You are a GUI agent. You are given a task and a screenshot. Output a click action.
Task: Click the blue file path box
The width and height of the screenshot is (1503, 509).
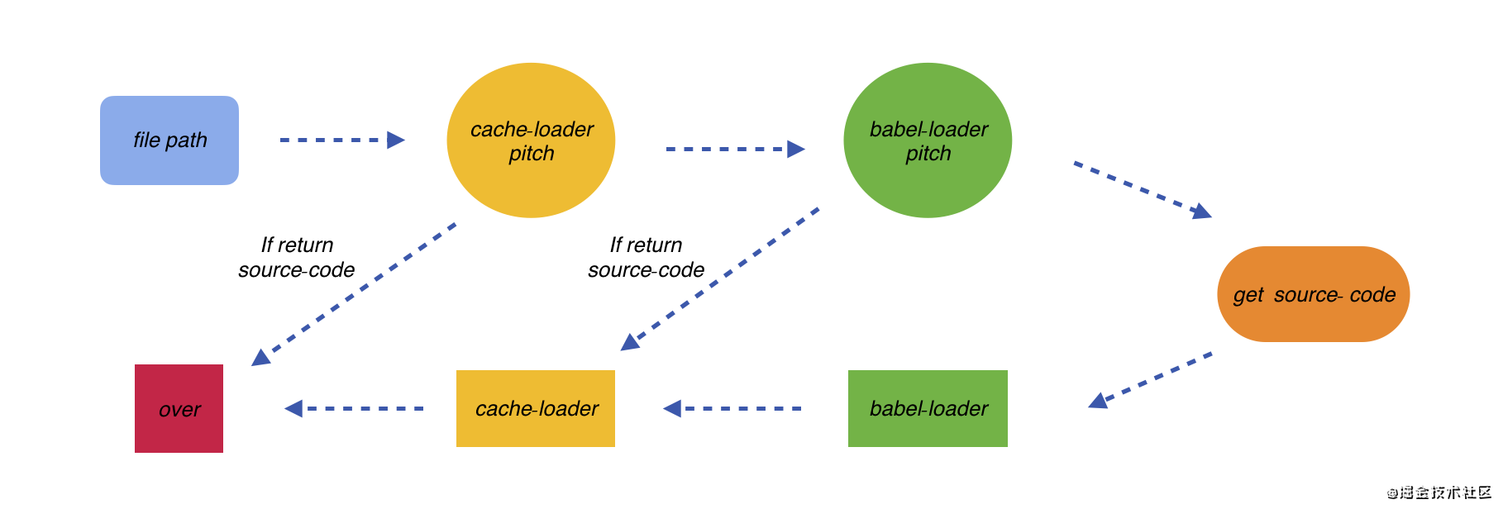tap(169, 140)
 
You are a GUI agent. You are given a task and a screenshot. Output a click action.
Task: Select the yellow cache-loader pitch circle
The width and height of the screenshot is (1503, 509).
tap(531, 140)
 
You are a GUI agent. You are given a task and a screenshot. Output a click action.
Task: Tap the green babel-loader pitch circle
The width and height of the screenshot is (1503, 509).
tap(928, 140)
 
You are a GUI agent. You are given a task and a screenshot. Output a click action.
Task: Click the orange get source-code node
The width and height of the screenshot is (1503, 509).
tap(1314, 294)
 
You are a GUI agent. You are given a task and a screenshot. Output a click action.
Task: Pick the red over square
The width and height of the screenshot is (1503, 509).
tap(179, 408)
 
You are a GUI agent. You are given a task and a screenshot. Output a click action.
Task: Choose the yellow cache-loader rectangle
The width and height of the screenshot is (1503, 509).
tap(536, 408)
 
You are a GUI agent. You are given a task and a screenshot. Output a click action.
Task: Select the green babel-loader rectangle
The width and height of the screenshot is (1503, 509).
tap(928, 408)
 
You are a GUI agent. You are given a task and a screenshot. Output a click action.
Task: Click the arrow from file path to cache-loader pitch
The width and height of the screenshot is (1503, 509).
tap(342, 140)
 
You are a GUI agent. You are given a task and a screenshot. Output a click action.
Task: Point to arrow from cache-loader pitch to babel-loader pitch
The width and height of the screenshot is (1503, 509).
tap(736, 149)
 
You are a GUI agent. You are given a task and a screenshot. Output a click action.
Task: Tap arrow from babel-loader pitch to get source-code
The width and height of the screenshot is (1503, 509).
tap(1143, 190)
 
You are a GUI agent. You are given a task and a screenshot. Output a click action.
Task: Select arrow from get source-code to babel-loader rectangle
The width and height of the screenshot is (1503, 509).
tap(1150, 380)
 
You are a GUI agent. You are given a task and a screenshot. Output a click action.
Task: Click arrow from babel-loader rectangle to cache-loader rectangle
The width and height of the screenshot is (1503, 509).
tap(732, 408)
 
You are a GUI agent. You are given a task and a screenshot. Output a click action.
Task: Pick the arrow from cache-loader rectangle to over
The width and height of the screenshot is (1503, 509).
tap(354, 408)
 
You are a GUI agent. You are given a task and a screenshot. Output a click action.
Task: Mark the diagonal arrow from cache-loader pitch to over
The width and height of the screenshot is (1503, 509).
tap(354, 294)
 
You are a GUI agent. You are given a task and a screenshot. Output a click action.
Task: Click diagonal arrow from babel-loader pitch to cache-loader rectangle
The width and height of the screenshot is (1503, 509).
tap(720, 279)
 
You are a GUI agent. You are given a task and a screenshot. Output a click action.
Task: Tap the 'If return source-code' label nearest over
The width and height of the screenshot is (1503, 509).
tap(297, 257)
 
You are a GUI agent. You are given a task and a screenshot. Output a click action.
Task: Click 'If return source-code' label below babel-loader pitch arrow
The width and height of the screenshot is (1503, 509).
tap(647, 257)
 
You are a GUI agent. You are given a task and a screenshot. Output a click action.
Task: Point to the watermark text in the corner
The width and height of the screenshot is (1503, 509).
tap(1439, 492)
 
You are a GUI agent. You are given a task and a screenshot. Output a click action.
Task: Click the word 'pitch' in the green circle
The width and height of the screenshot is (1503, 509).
tap(928, 154)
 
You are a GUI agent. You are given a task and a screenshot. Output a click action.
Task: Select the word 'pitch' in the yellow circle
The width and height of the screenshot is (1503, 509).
tap(532, 154)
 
